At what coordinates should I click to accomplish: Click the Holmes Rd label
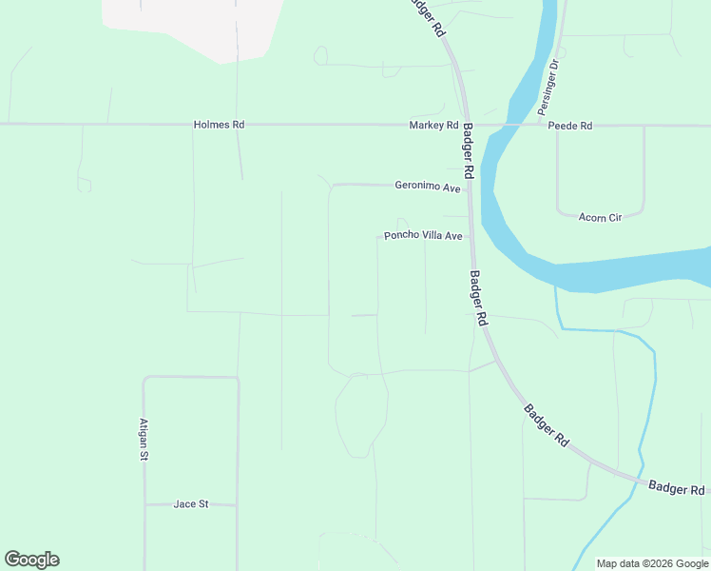tap(219, 125)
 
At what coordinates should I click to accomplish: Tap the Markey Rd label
tap(433, 126)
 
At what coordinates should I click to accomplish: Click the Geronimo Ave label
tap(428, 187)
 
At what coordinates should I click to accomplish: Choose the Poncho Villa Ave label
tap(423, 236)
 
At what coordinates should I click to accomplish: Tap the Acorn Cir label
tap(600, 217)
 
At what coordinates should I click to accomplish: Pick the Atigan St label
tap(144, 440)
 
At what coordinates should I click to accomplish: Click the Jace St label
tap(191, 503)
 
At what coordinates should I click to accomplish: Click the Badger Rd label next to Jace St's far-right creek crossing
tap(677, 488)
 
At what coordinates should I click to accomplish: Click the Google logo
tap(31, 560)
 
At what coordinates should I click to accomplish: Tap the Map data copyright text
tap(652, 563)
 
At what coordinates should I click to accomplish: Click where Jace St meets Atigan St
tap(144, 503)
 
